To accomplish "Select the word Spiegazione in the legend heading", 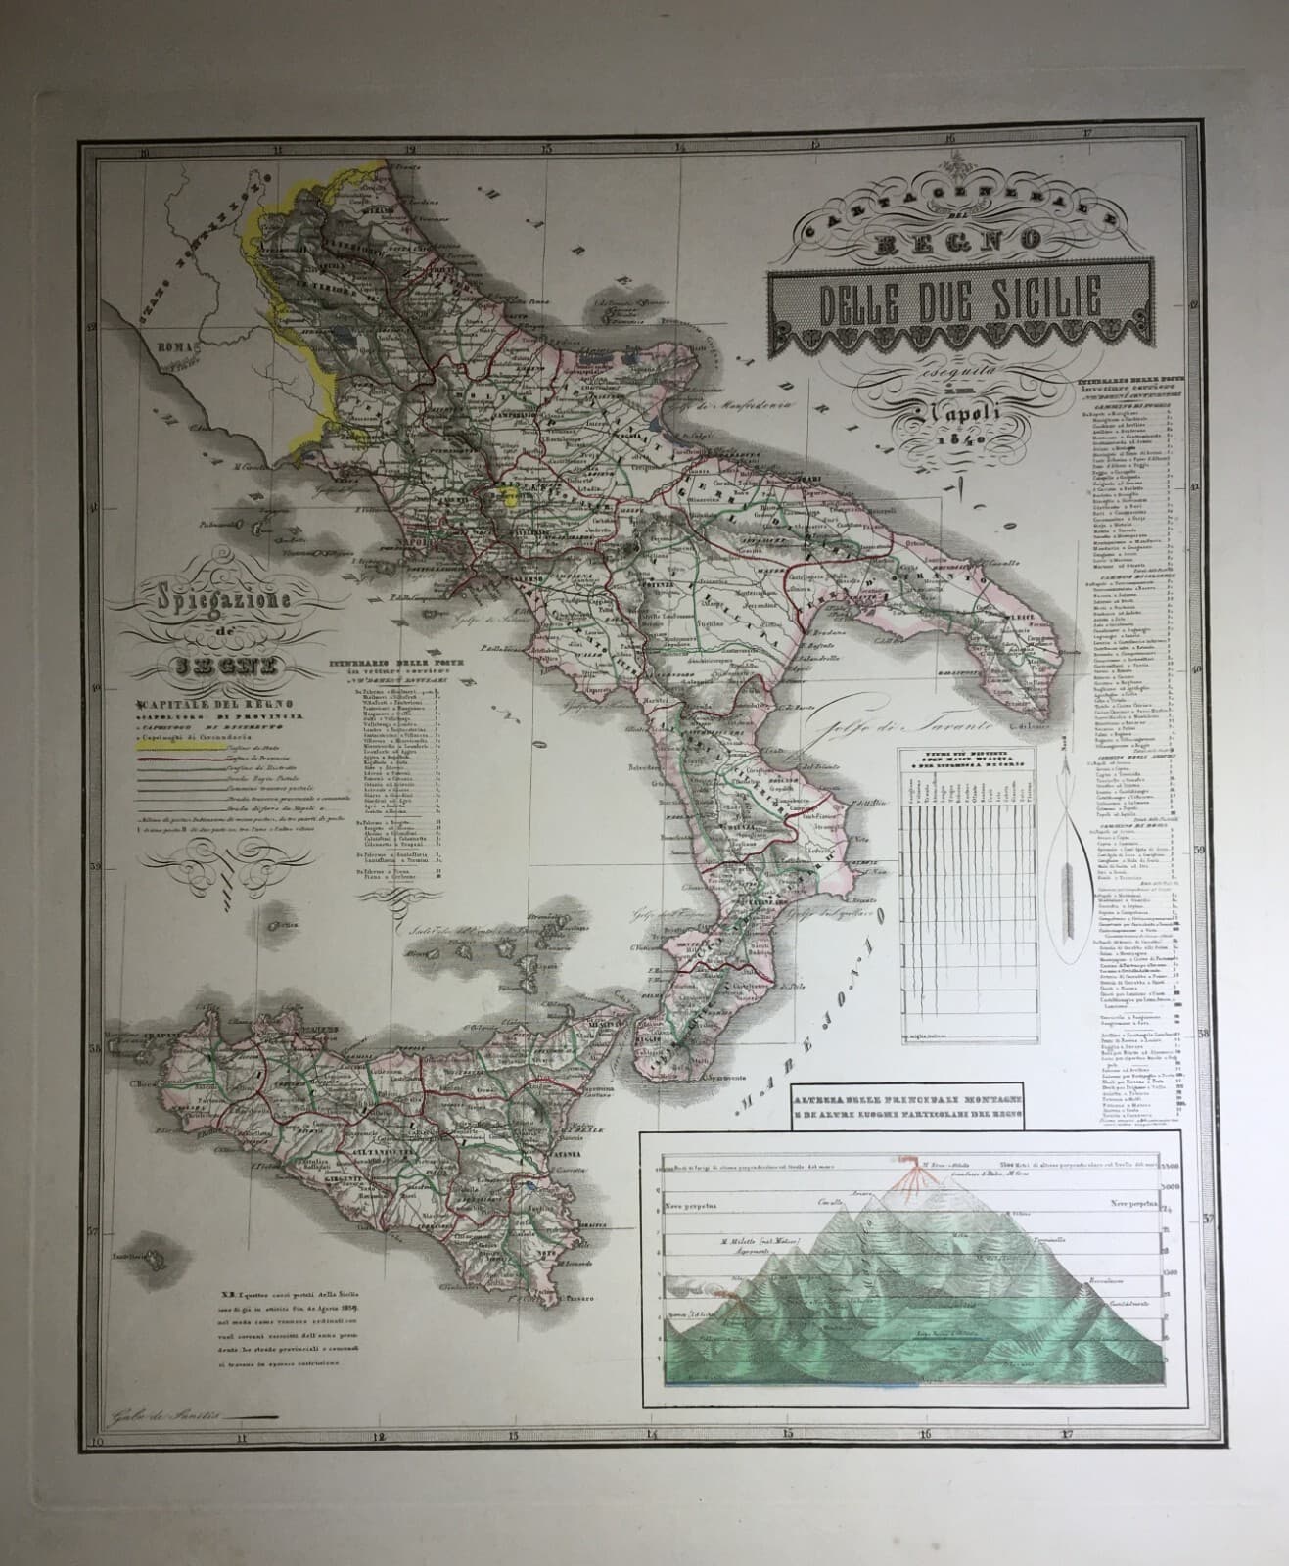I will point(209,594).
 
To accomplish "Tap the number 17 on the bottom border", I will point(1066,1436).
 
